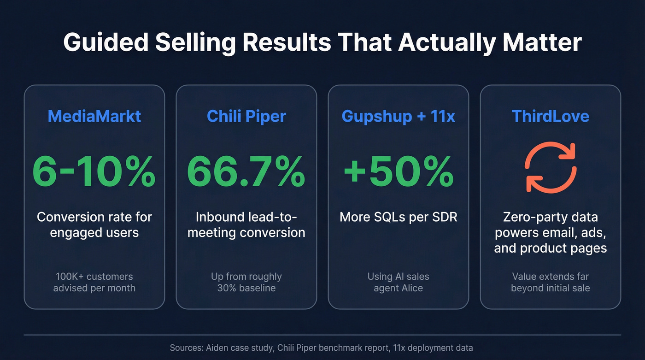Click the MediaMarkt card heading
point(94,116)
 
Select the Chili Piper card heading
point(246,116)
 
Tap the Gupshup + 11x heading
point(399,116)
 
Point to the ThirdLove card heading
point(551,116)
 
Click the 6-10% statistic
point(94,172)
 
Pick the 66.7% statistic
point(246,172)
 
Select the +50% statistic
point(399,172)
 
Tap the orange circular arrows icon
point(551,167)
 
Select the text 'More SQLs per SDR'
point(399,217)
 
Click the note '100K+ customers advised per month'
point(94,282)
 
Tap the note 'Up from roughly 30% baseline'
point(246,282)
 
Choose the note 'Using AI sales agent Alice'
point(399,282)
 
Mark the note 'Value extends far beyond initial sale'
point(551,282)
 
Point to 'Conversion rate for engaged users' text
point(94,224)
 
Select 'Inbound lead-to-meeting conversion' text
point(246,224)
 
